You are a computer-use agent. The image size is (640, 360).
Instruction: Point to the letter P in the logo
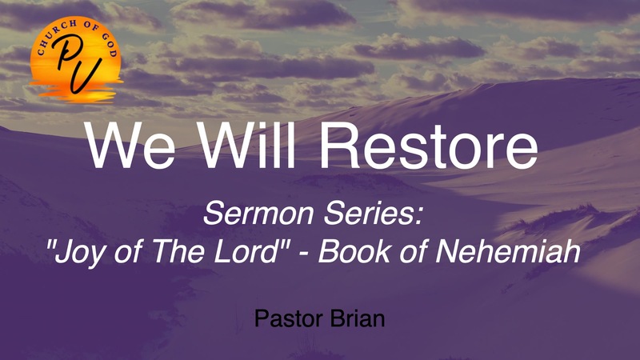62,58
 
